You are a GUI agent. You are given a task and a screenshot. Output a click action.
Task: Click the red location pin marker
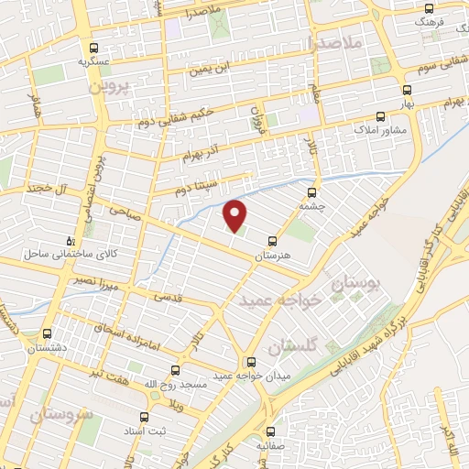(235, 214)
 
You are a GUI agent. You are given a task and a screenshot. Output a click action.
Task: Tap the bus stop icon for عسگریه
(93, 48)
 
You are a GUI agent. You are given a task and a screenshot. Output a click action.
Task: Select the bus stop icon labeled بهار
(408, 90)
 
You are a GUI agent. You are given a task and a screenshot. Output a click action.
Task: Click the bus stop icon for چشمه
(312, 192)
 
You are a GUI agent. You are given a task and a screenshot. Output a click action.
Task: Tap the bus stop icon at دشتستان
(47, 334)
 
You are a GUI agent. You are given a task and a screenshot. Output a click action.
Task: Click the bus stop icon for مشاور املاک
(381, 116)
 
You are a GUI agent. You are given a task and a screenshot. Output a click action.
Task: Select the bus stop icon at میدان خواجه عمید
(252, 361)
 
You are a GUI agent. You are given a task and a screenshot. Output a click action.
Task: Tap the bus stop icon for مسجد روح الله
(176, 371)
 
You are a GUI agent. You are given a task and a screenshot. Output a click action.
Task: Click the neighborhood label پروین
(111, 88)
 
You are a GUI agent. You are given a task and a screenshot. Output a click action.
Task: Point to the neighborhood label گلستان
(294, 346)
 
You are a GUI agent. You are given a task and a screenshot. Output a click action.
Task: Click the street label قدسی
(167, 297)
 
